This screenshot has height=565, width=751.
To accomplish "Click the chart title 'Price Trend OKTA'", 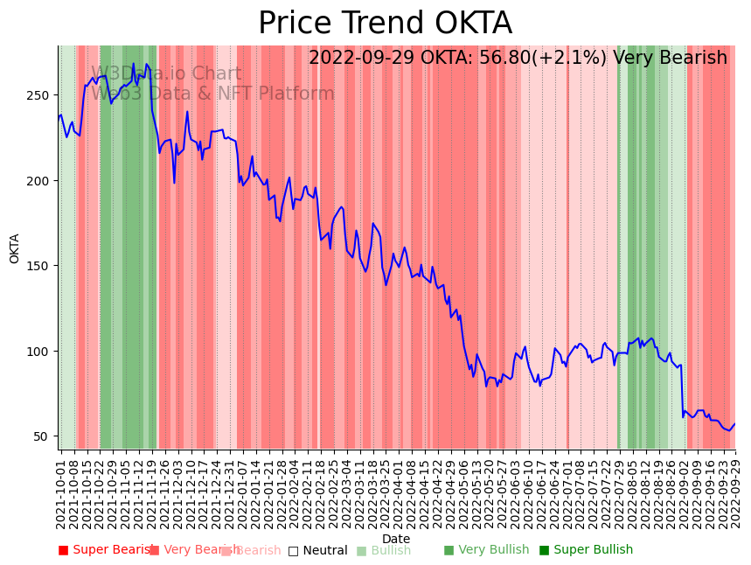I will tap(385, 24).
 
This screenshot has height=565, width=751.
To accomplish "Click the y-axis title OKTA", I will tap(15, 248).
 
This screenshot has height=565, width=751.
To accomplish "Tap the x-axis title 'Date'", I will tap(396, 540).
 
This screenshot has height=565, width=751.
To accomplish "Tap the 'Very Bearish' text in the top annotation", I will tap(670, 59).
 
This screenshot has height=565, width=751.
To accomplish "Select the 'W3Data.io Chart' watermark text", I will tap(166, 74).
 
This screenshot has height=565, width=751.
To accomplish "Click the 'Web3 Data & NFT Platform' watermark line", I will tap(212, 94).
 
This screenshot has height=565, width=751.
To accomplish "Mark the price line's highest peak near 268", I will tap(134, 64).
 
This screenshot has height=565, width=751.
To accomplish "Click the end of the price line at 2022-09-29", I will tap(735, 424).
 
